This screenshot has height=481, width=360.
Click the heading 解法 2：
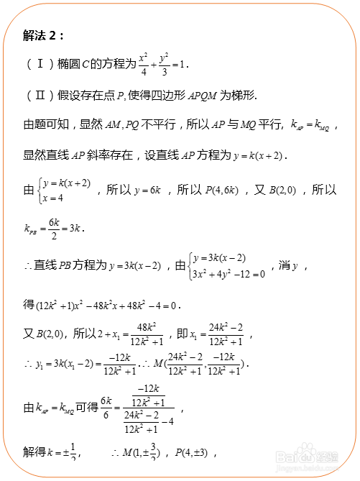pos(44,35)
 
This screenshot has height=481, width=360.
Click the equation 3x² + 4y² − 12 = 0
pos(228,274)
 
